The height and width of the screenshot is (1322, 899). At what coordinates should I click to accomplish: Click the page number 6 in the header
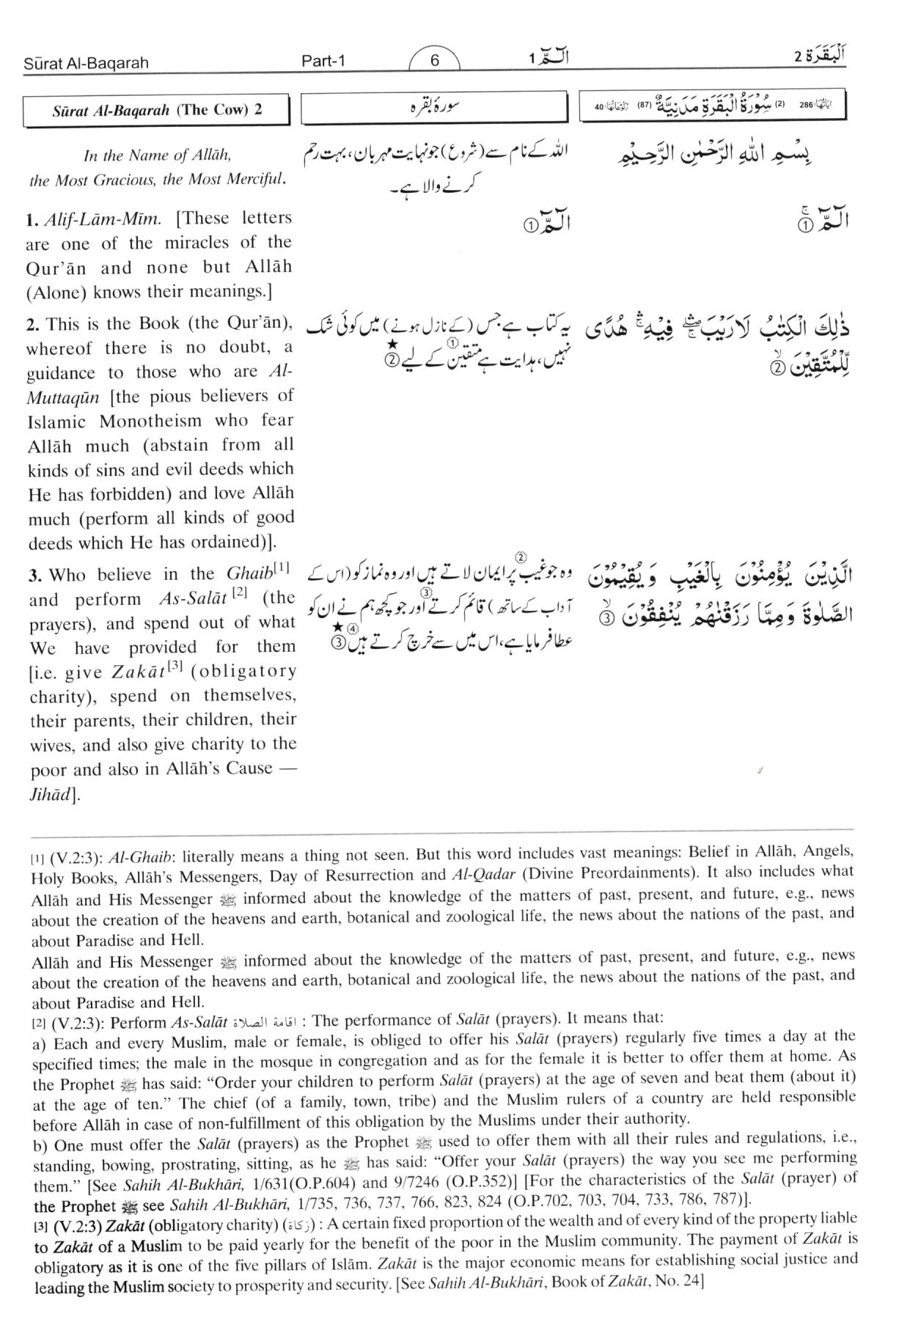[434, 61]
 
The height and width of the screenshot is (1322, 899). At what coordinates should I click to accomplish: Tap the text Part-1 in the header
[323, 62]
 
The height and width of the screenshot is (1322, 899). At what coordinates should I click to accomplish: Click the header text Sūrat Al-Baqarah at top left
[86, 63]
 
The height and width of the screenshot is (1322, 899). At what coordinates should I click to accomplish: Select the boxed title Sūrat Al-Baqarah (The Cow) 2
[157, 111]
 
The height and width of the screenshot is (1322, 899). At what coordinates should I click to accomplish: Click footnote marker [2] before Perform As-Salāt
[37, 1021]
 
